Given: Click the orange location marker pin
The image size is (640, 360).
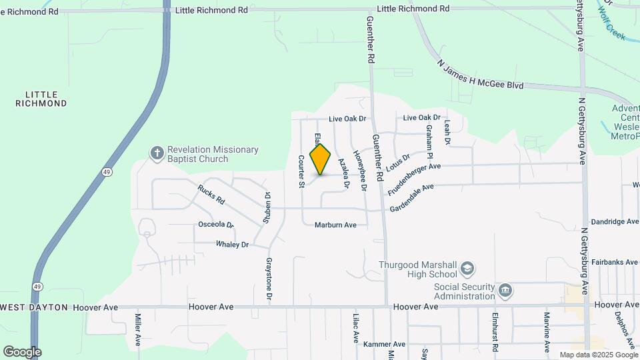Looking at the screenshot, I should [321, 159].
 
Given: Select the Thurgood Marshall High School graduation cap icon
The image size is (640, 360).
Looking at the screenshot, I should [468, 269].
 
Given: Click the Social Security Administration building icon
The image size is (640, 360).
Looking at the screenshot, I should [505, 290].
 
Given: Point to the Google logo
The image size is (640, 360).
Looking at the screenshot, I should [22, 352].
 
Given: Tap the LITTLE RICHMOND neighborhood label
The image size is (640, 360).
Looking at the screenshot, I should [41, 99].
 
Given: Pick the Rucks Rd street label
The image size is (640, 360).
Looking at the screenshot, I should [211, 194].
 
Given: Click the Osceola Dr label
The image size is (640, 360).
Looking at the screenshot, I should [216, 225].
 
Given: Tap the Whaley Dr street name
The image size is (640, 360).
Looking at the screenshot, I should [232, 245].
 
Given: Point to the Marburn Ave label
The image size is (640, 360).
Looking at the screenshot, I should [335, 225].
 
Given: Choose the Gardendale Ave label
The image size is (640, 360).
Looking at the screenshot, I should [412, 194].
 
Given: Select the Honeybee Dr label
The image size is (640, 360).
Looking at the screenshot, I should [359, 173].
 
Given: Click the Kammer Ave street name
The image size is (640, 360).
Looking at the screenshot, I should [382, 344].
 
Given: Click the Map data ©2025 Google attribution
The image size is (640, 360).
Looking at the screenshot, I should [597, 355].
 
